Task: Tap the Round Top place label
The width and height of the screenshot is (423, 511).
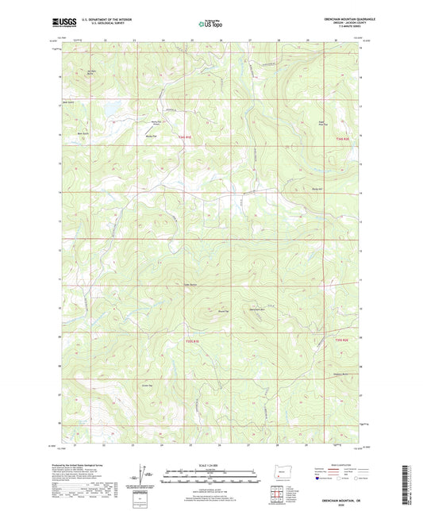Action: pyautogui.click(x=202, y=311)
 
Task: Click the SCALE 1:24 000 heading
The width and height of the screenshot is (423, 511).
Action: pyautogui.click(x=210, y=463)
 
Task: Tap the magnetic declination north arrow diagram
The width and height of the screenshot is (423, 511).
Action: pyautogui.click(x=144, y=475)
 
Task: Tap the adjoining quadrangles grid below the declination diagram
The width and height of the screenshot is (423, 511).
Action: pyautogui.click(x=143, y=499)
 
